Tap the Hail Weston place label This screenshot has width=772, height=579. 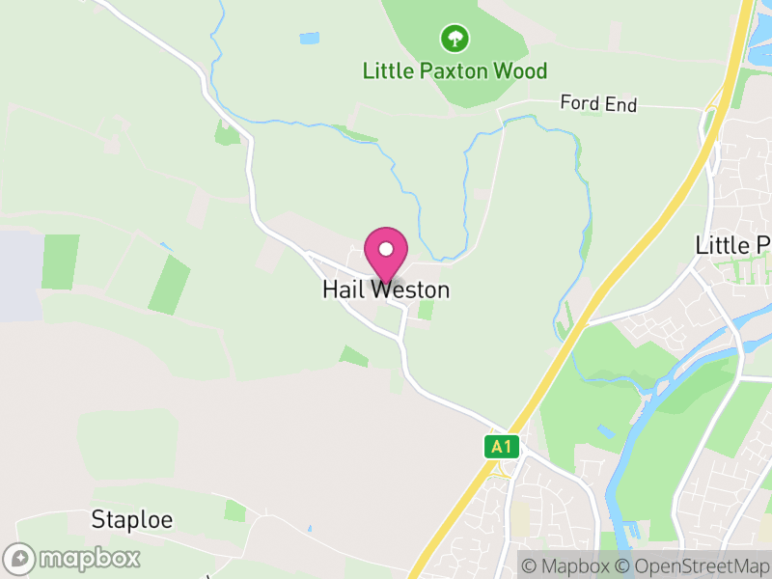[x=386, y=289]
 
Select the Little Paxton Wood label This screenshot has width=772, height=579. [x=455, y=70]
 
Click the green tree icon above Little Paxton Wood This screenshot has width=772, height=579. [x=455, y=39]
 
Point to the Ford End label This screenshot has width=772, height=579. [x=599, y=103]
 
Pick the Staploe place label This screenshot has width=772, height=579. [x=132, y=519]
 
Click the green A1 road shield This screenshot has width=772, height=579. [x=499, y=446]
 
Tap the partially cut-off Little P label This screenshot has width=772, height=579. [x=732, y=245]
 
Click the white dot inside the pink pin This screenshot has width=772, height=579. [x=386, y=249]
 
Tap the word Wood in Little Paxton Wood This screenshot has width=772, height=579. [x=521, y=70]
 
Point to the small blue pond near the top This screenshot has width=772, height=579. [x=309, y=39]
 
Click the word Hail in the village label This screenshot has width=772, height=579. [x=343, y=289]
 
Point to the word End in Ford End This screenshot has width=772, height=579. [x=622, y=103]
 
